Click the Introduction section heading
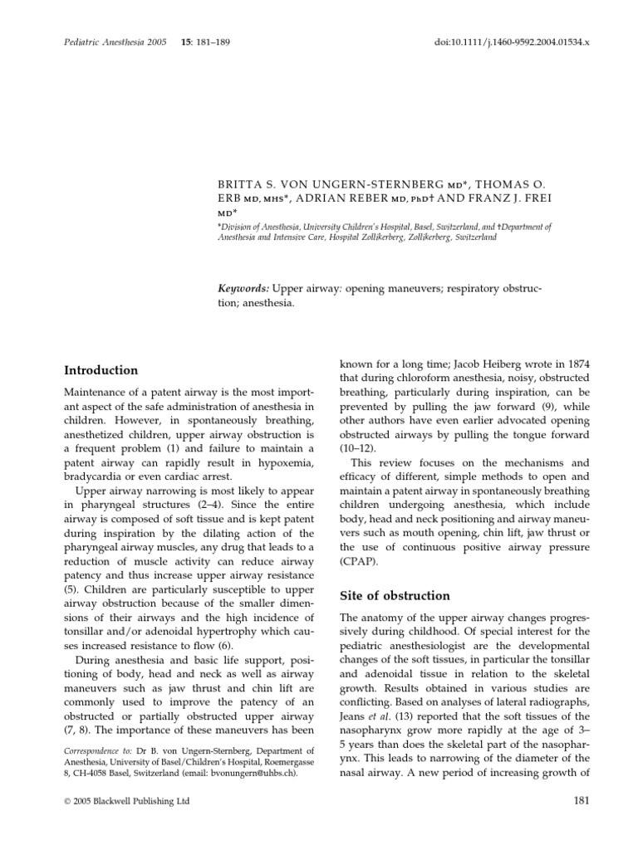101,370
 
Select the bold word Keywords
243,287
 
